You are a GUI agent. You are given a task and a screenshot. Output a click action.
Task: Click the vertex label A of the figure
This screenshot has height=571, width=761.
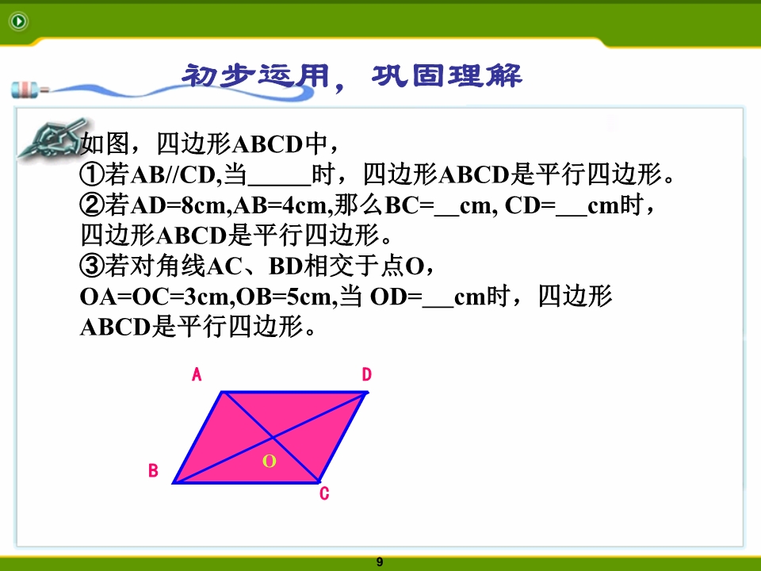[197, 374]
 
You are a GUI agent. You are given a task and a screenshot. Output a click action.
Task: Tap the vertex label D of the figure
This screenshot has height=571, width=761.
[366, 374]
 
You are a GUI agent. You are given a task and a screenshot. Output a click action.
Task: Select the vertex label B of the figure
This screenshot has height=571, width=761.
[153, 470]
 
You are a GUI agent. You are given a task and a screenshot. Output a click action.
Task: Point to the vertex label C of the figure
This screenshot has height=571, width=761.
[324, 494]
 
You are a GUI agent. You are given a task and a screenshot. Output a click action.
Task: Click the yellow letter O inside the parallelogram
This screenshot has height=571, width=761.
[270, 461]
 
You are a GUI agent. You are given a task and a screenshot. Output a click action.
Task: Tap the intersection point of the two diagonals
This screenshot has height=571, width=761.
[273, 438]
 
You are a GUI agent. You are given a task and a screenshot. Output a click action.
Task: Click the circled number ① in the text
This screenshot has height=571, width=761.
[92, 174]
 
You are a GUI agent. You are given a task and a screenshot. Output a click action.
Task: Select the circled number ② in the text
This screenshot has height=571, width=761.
[92, 205]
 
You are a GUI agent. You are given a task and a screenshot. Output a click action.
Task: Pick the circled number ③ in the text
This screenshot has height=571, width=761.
[92, 266]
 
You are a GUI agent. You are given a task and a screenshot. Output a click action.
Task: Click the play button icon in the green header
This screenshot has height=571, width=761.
[19, 21]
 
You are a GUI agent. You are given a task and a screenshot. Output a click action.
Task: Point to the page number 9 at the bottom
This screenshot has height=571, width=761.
[380, 561]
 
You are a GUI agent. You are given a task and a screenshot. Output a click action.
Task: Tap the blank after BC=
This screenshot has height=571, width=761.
[446, 215]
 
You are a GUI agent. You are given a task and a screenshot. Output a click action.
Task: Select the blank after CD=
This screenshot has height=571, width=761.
[572, 215]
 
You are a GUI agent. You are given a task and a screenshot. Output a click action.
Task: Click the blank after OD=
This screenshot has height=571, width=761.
[438, 306]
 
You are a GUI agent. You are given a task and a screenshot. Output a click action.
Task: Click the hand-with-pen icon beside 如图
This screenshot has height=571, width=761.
[51, 139]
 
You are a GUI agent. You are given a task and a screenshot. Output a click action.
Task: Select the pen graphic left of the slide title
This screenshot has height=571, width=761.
[29, 90]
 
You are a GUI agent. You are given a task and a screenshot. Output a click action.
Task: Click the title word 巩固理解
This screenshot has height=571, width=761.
[447, 76]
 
